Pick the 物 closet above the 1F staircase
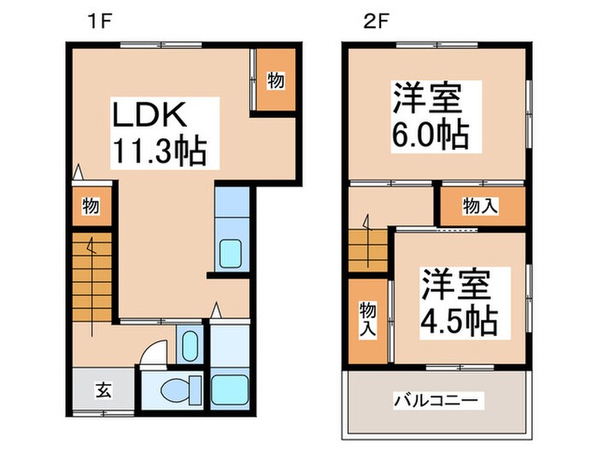tap(90, 205)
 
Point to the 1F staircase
tap(91, 275)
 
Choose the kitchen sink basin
tap(231, 254)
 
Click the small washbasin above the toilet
tap(190, 346)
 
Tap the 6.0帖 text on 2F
tap(432, 135)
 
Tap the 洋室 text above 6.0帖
tap(427, 97)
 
